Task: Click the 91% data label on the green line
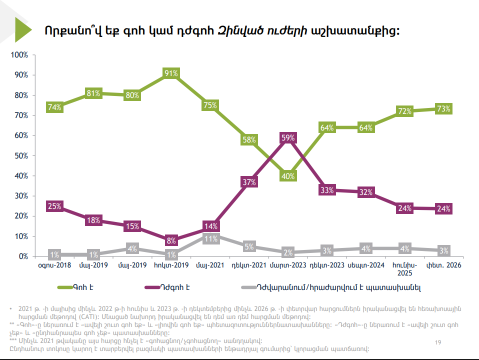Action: point(171,73)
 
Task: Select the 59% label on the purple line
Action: point(288,137)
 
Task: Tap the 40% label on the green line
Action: point(288,176)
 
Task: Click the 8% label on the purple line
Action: point(171,240)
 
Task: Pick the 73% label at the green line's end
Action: point(443,108)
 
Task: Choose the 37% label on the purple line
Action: point(249,182)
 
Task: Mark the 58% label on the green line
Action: point(249,139)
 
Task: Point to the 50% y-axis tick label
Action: point(20,155)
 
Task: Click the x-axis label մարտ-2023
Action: point(288,265)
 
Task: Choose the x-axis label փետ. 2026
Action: point(443,265)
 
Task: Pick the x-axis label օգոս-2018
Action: point(54,265)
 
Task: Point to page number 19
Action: point(438,342)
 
